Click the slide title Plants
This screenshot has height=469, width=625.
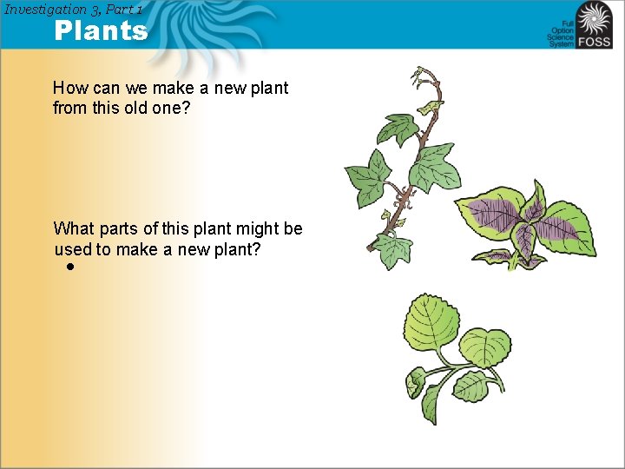(101, 31)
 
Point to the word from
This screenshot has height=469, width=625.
(69, 109)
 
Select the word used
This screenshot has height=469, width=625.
(73, 249)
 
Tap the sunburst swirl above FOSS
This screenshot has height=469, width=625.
(594, 18)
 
